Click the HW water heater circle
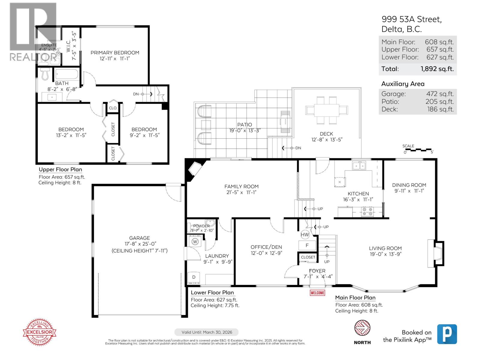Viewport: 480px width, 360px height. (x=305, y=235)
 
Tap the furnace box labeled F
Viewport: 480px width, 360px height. (x=307, y=245)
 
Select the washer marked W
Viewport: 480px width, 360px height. (x=195, y=241)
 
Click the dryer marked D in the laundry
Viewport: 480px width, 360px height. (x=194, y=277)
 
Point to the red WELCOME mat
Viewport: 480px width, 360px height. (x=317, y=292)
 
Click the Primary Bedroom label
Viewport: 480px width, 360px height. (x=115, y=53)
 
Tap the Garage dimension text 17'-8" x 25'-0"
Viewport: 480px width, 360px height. (x=139, y=244)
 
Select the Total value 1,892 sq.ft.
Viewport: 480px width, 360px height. (x=437, y=69)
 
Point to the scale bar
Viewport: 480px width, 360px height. (x=418, y=149)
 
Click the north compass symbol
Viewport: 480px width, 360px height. (x=362, y=328)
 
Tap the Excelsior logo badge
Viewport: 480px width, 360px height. (x=40, y=332)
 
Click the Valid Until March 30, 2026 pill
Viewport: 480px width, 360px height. (x=207, y=332)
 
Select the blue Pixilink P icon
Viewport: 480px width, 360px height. (x=447, y=334)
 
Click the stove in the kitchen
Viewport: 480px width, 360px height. (x=367, y=211)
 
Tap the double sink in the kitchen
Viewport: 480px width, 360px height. (x=359, y=166)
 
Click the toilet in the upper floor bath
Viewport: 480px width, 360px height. (x=45, y=74)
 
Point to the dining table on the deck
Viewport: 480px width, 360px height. (x=326, y=110)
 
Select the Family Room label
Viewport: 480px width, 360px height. (x=241, y=187)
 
